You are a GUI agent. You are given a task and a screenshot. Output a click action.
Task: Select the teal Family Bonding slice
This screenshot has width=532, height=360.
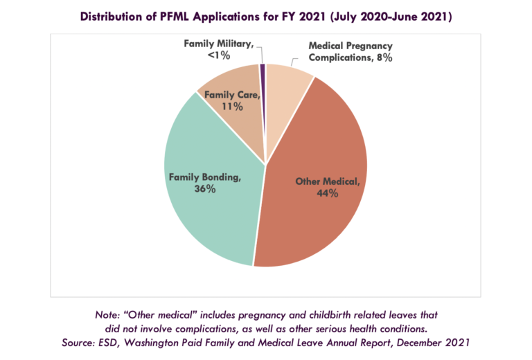208,208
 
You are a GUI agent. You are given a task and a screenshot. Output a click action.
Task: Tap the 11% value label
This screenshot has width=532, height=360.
232,107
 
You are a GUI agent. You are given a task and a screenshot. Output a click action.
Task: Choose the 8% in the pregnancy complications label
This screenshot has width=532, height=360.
384,59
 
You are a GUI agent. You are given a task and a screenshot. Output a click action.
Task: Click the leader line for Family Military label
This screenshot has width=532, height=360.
260,53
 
